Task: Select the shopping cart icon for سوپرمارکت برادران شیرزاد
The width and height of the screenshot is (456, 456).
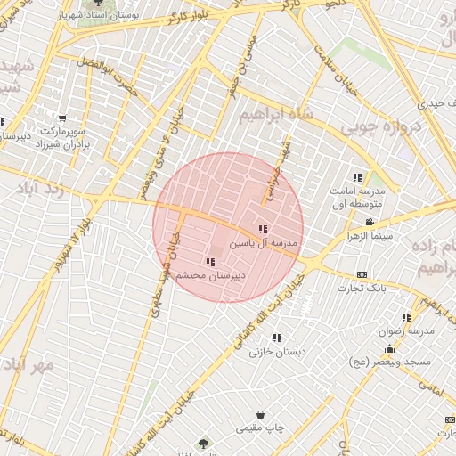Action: [x=61, y=118]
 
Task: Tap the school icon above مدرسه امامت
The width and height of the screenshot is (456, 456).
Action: [x=358, y=177]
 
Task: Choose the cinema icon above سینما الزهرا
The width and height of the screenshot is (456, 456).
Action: [x=370, y=222]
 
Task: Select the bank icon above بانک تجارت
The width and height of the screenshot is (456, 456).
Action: [x=362, y=273]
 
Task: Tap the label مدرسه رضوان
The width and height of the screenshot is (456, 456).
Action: [x=410, y=330]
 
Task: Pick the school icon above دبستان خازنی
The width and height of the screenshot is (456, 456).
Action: [x=278, y=338]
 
